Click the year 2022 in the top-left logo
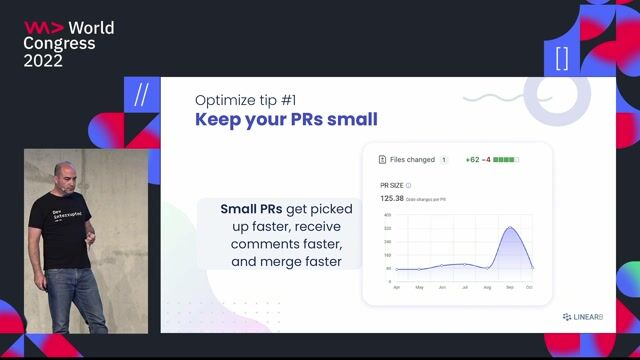coord(44,61)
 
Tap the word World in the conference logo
coord(93,27)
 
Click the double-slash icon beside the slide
coord(141,97)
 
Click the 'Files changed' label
coord(412,159)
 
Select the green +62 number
coord(472,159)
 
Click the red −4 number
coord(486,159)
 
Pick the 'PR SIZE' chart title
coord(391,186)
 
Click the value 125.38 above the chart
coord(392,198)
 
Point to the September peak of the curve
coord(510,228)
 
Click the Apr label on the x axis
coord(397,288)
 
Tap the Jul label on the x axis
coord(464,288)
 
